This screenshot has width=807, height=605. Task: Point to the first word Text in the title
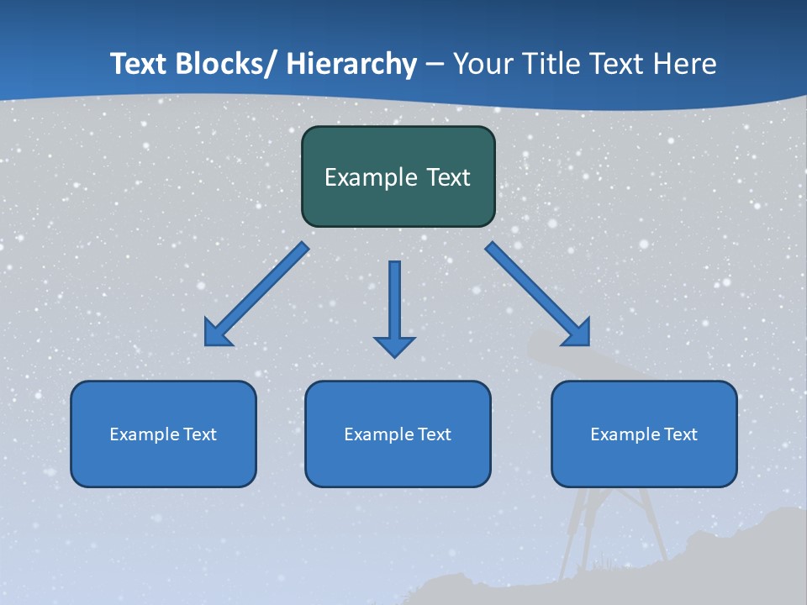click(x=140, y=64)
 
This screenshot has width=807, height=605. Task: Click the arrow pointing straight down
click(x=394, y=302)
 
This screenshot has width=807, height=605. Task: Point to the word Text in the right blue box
click(x=679, y=434)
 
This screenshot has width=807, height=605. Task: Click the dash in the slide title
click(x=435, y=64)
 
